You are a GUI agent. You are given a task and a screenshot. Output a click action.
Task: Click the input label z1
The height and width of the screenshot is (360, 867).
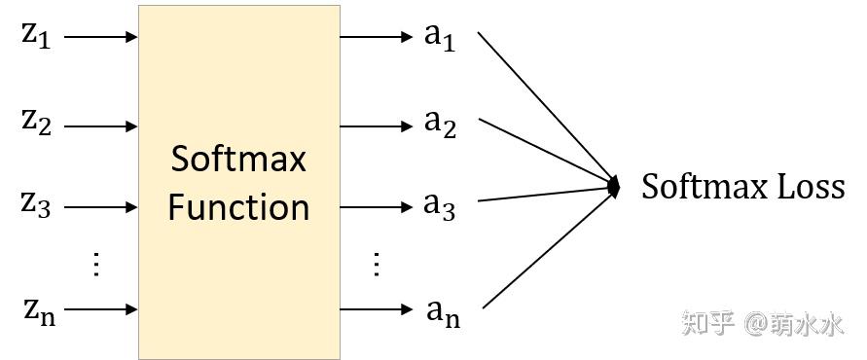point(36,36)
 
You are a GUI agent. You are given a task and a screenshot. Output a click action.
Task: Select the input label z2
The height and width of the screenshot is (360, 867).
point(36,123)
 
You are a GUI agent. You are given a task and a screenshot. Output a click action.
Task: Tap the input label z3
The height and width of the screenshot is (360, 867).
point(36,205)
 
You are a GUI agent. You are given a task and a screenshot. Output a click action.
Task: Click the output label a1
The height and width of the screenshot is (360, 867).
point(440,36)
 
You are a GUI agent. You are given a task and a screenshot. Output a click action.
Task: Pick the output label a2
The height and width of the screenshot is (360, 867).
point(440,125)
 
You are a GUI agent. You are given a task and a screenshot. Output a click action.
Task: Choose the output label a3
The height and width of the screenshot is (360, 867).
point(440,205)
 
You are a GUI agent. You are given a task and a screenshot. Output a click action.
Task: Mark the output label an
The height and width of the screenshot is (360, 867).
point(443,311)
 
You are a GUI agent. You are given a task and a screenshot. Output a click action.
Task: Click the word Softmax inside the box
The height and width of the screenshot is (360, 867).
point(238,159)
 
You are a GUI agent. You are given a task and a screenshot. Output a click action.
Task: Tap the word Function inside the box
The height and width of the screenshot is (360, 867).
point(238,207)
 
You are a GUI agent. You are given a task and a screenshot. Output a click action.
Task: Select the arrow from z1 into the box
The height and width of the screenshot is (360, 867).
point(101,38)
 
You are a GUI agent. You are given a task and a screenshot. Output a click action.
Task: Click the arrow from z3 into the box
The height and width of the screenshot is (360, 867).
point(101,206)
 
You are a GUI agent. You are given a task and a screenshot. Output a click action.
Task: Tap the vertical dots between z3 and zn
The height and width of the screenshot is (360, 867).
point(95,264)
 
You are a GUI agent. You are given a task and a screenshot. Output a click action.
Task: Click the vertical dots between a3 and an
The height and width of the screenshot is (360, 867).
point(376,264)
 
